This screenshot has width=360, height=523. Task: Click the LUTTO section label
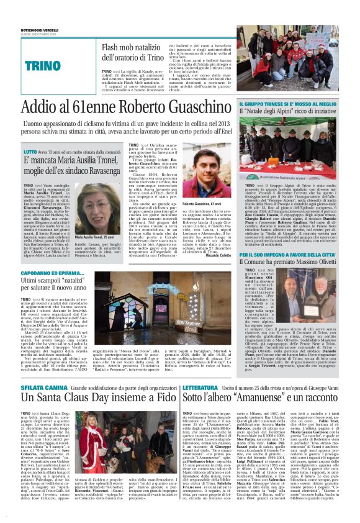[30, 152]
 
